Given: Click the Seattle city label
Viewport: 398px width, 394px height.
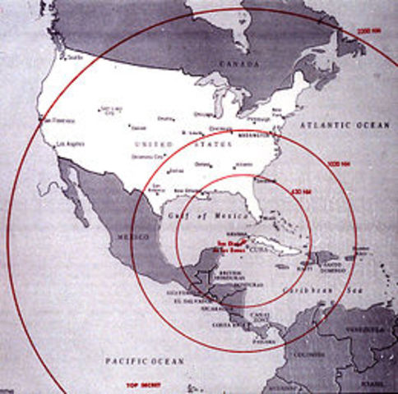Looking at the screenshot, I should pos(75,57).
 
